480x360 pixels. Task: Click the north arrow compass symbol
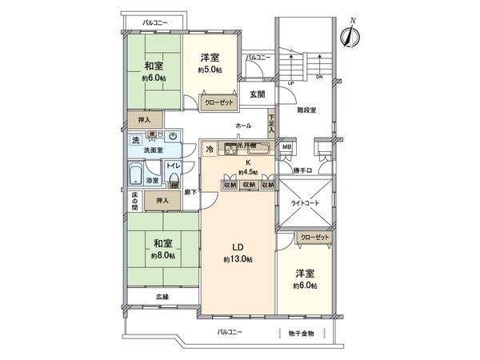click(x=349, y=35)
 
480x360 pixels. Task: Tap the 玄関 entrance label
click(x=258, y=94)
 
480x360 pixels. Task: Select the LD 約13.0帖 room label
click(x=238, y=253)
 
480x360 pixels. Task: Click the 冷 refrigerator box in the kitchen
click(x=210, y=149)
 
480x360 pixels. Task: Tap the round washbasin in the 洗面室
click(x=173, y=137)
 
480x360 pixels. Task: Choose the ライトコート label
click(x=303, y=203)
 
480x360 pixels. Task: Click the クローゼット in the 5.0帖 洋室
click(x=217, y=102)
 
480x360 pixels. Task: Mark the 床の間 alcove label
click(x=134, y=202)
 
